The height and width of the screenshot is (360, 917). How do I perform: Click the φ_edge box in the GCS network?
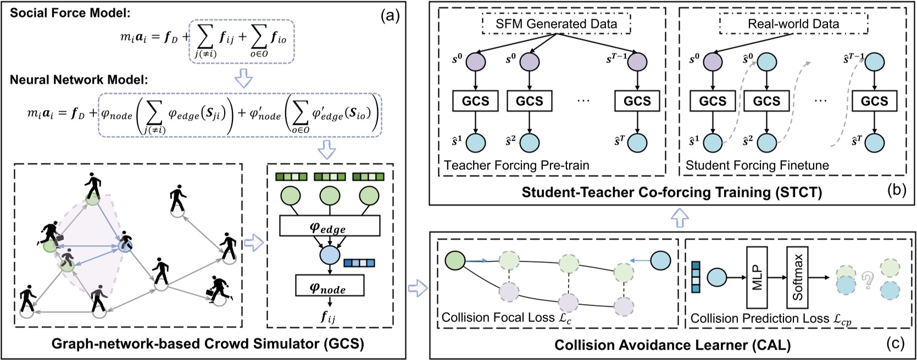click(x=329, y=225)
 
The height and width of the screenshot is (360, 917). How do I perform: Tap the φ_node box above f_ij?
click(x=329, y=286)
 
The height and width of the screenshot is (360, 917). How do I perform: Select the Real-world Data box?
click(x=793, y=24)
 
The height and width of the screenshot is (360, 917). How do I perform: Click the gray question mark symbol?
click(x=868, y=281)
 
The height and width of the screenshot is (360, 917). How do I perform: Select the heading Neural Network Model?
click(x=79, y=79)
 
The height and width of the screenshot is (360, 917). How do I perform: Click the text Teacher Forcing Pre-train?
click(x=516, y=165)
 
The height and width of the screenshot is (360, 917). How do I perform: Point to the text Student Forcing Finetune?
click(x=757, y=165)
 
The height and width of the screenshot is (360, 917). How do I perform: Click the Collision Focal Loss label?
click(x=498, y=318)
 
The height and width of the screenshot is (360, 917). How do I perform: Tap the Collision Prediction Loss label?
click(x=771, y=319)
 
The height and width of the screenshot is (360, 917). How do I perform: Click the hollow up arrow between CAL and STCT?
click(x=680, y=219)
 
